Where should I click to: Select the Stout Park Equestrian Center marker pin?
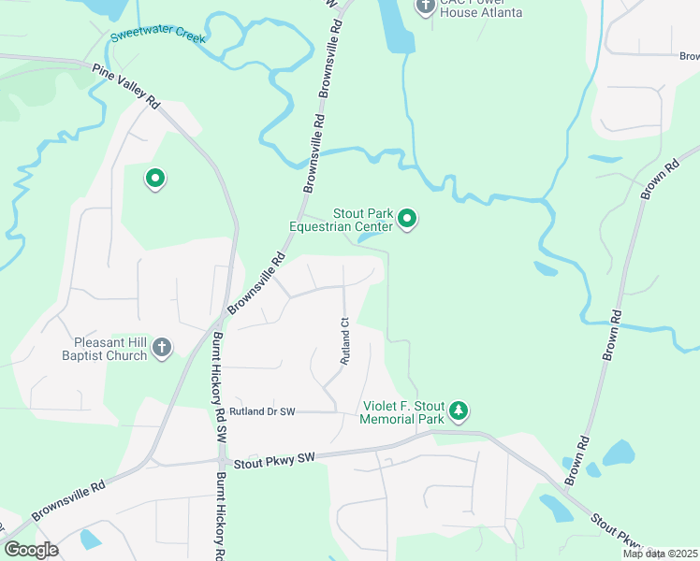(407, 219)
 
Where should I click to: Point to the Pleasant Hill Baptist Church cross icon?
(162, 348)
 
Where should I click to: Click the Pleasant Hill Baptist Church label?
(104, 349)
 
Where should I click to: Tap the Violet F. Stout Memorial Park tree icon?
(458, 410)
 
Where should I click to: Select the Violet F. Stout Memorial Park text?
(402, 412)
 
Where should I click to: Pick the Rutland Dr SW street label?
(261, 410)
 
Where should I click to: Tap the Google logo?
(32, 550)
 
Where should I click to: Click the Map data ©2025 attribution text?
(659, 554)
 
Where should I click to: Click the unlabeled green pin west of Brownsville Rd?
(155, 177)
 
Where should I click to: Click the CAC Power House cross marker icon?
(426, 7)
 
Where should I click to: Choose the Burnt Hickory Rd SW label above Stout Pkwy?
(219, 388)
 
